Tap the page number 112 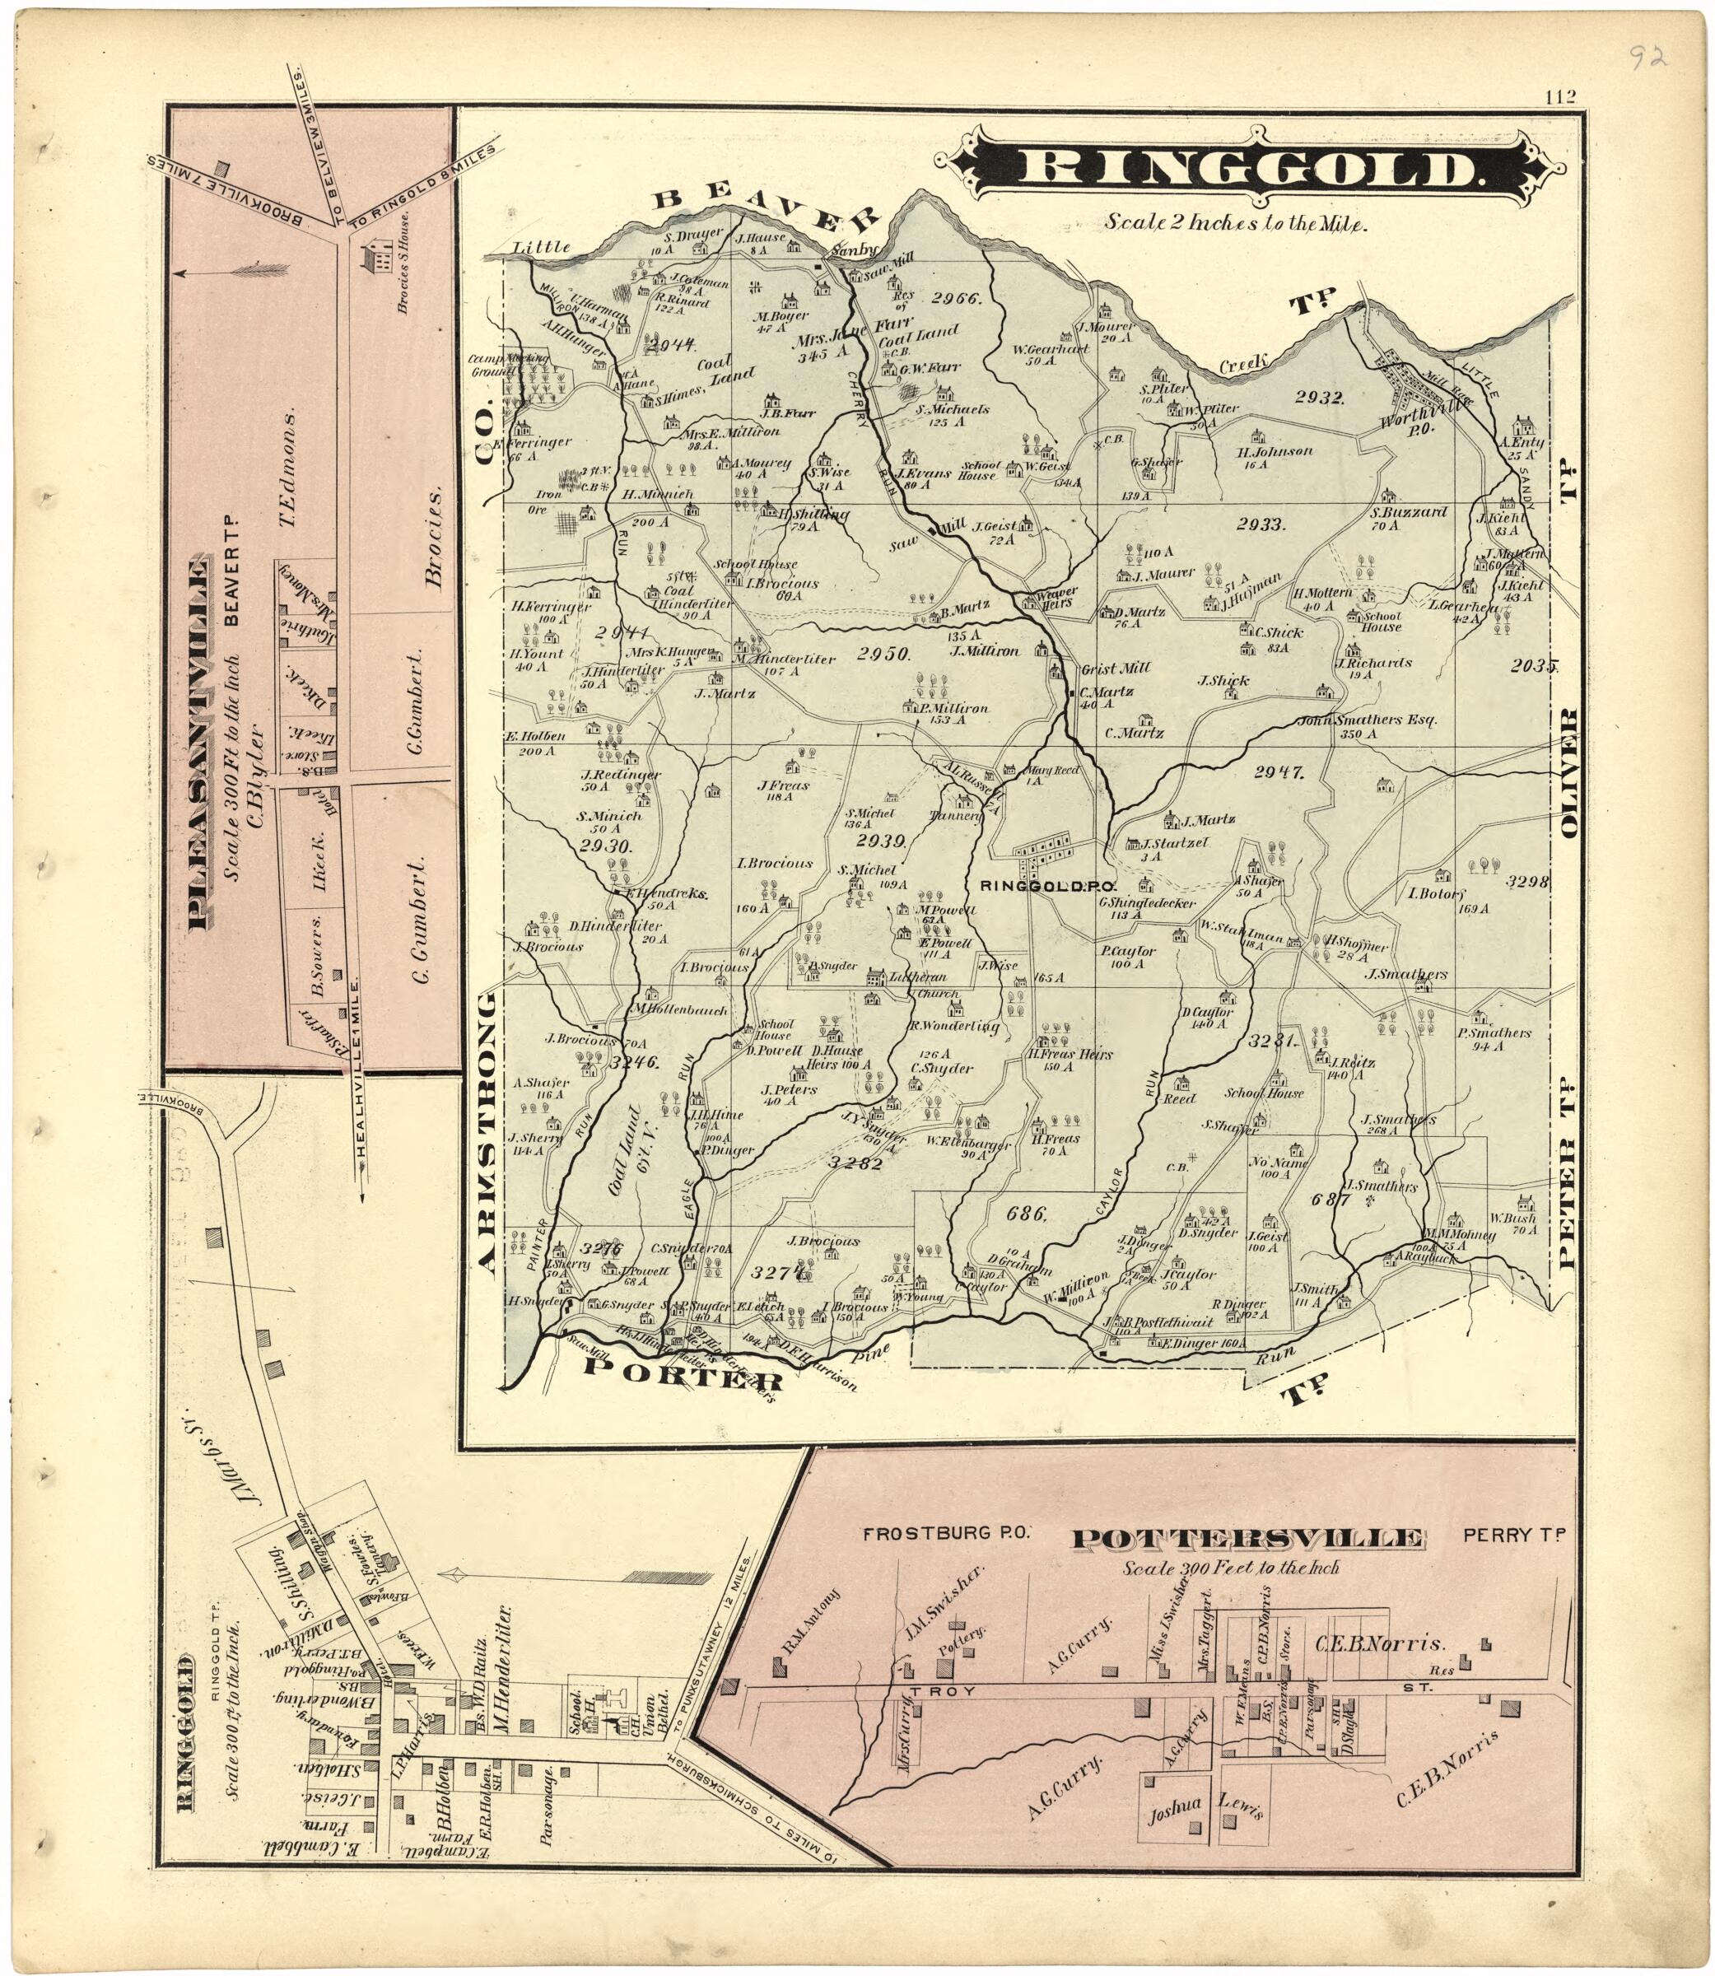(x=1559, y=96)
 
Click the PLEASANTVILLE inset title (x=200, y=743)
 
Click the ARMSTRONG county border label (x=487, y=1134)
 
